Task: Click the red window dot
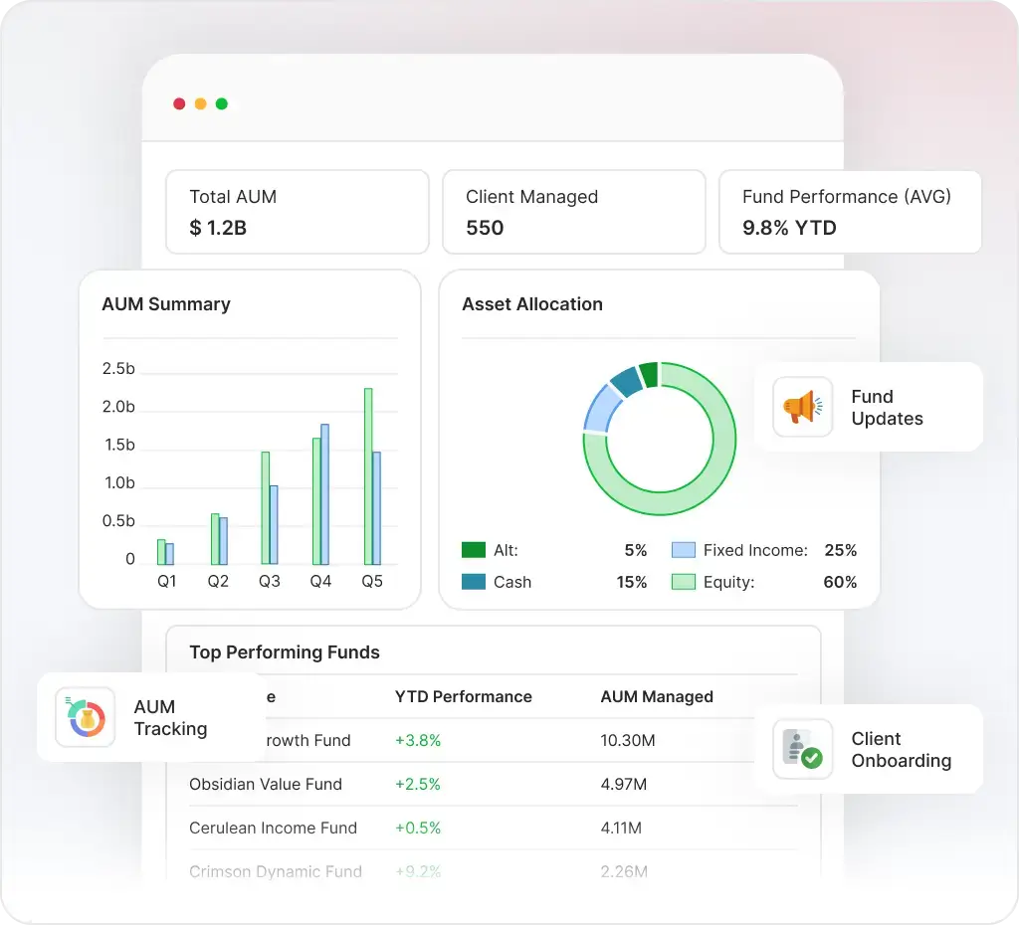tap(179, 103)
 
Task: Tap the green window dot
tap(221, 103)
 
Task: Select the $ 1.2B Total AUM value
tap(218, 228)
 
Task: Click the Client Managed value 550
tap(485, 228)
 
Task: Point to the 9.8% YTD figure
tap(789, 228)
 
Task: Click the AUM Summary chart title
tap(166, 304)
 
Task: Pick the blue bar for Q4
tap(324, 494)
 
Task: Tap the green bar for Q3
tap(266, 508)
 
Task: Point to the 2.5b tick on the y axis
tap(118, 369)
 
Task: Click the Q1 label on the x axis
tap(166, 581)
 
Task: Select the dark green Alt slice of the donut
tap(649, 375)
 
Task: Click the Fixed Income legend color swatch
tap(683, 550)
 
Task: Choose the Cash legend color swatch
tap(474, 582)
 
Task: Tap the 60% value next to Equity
tap(839, 582)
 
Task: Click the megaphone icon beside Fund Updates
tap(802, 407)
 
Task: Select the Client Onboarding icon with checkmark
tap(802, 749)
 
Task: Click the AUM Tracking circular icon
tap(80, 717)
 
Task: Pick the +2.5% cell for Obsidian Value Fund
tap(418, 784)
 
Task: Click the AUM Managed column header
tap(657, 696)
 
